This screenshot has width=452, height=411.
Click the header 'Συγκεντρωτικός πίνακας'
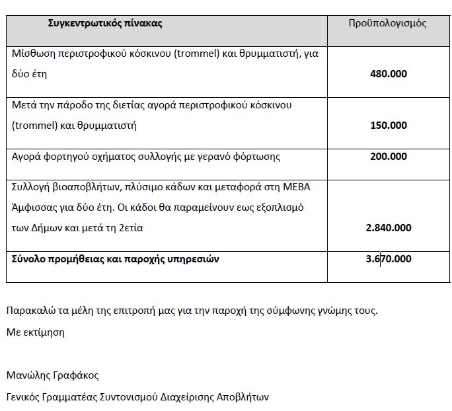point(105,24)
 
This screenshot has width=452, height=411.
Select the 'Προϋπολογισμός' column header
point(387,24)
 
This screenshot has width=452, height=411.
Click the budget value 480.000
point(389,74)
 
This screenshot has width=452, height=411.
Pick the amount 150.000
point(389,126)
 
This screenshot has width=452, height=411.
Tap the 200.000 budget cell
point(389,157)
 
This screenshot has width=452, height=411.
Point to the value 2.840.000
point(389,228)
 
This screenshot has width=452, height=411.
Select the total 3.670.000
point(389,259)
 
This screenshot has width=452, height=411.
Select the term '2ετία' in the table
point(131,228)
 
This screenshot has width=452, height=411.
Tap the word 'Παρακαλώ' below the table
point(28,311)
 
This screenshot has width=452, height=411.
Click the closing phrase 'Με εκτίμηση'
point(36,332)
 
